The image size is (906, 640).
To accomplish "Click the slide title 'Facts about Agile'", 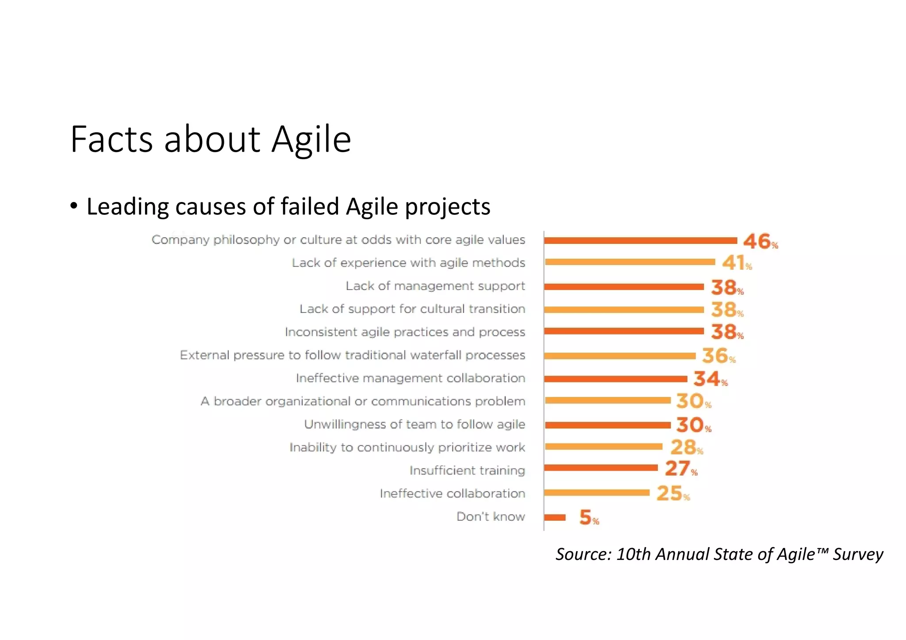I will (x=211, y=139).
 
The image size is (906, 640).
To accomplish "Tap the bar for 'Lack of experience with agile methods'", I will (x=630, y=262).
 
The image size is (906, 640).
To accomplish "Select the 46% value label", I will (x=760, y=241).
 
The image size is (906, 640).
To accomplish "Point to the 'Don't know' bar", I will (x=555, y=518).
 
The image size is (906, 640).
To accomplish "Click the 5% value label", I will (x=589, y=518).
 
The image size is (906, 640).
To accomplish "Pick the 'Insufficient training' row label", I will (x=467, y=470).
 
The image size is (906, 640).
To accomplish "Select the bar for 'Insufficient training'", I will (x=601, y=468).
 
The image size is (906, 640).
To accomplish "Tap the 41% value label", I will (x=737, y=263).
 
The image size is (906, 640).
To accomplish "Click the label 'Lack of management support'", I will (x=435, y=286).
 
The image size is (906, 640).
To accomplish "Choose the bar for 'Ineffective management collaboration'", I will (x=616, y=379).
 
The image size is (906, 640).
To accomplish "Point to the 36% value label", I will (x=718, y=356).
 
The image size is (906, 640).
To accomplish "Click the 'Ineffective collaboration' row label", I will (x=452, y=493).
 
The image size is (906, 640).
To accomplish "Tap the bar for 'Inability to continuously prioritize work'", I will (x=604, y=447).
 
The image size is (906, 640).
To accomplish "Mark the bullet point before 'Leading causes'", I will (x=74, y=206).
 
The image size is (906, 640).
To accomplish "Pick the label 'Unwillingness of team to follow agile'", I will (x=415, y=424).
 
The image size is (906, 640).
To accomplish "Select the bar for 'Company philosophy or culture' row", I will (x=641, y=240).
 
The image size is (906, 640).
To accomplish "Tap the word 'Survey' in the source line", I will (x=858, y=554).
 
